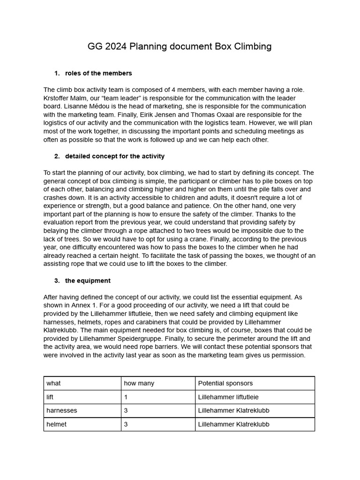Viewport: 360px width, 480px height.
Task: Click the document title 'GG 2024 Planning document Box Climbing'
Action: click(x=180, y=46)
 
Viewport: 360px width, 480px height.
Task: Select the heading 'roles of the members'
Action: click(x=98, y=73)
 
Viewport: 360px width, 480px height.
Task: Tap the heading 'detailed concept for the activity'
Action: click(x=115, y=156)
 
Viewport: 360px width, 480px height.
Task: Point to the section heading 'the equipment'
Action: click(x=88, y=281)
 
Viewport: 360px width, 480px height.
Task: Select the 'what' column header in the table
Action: click(x=53, y=383)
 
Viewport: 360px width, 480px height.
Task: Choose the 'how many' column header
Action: click(x=139, y=383)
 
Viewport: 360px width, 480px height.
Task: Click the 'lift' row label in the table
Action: click(x=50, y=397)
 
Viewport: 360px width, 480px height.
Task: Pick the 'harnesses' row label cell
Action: click(x=62, y=411)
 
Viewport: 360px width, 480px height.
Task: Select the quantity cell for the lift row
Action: click(x=126, y=397)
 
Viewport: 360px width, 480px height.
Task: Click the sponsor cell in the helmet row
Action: click(x=233, y=424)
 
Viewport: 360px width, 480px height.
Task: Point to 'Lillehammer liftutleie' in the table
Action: click(x=228, y=397)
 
